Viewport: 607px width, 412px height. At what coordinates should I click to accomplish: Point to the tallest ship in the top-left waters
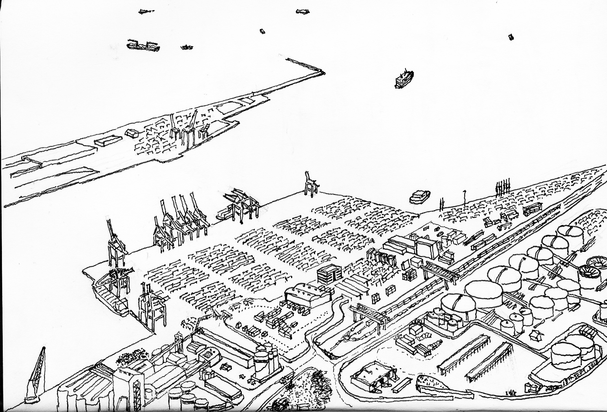point(143,46)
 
